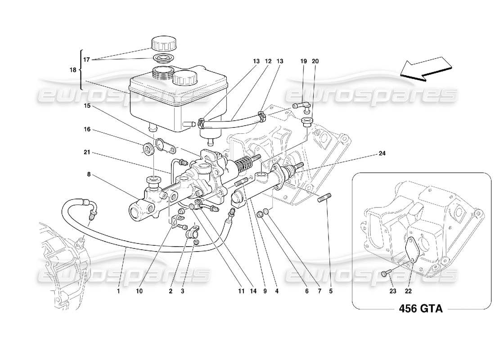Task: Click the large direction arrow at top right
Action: click(425, 69)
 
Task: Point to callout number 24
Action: click(382, 153)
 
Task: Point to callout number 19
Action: click(303, 61)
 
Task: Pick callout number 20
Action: click(315, 61)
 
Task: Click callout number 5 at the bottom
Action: click(331, 291)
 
